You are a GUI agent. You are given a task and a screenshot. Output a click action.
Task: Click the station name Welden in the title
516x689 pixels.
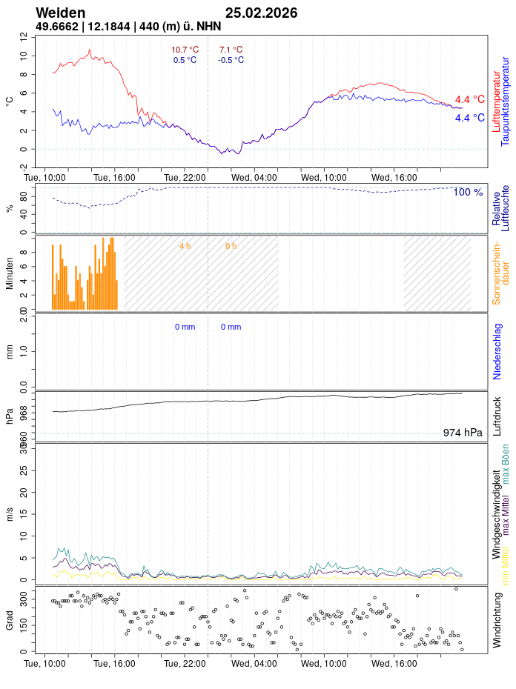tap(60, 13)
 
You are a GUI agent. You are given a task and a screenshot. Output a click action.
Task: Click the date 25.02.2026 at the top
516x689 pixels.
tap(261, 13)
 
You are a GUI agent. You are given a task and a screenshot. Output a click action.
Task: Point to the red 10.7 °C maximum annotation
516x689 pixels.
tap(185, 50)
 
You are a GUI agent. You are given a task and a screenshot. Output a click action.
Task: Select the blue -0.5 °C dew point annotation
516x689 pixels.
tap(231, 60)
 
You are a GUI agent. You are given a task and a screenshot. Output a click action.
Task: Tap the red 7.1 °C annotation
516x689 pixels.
tap(231, 50)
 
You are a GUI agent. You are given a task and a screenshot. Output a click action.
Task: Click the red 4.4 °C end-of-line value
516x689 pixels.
tap(470, 99)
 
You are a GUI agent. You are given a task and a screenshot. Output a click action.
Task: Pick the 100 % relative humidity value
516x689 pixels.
tap(468, 192)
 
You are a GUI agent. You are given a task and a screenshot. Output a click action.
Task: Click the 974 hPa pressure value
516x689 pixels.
tap(463, 433)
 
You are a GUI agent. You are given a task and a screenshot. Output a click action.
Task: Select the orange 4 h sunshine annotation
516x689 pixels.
tap(185, 246)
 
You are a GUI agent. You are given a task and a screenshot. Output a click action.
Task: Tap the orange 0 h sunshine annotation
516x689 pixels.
tap(231, 246)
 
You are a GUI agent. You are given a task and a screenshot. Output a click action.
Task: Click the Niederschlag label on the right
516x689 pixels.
tap(497, 350)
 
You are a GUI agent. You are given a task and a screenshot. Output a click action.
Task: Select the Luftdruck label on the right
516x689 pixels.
tap(497, 416)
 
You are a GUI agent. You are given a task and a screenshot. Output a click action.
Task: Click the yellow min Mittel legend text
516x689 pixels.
tap(506, 563)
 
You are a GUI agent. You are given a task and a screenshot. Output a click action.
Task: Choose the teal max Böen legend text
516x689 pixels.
tap(506, 464)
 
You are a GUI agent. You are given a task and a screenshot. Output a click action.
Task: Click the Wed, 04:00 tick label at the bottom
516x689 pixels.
tap(254, 663)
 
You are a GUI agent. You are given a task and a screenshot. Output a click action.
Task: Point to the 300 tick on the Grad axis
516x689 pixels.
tap(22, 596)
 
